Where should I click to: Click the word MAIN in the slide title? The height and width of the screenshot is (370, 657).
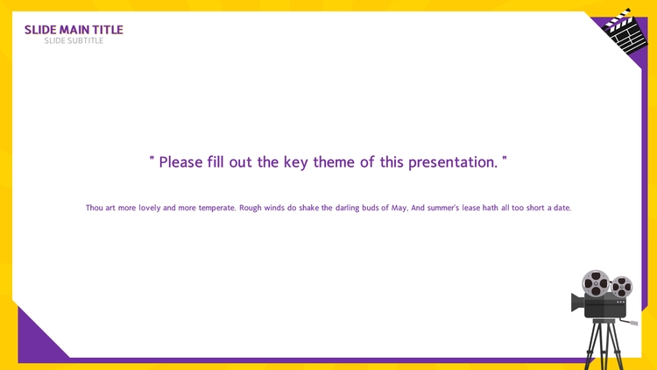click(x=74, y=30)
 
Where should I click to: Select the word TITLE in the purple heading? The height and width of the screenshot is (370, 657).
click(x=108, y=30)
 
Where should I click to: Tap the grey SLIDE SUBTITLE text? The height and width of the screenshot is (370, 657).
click(x=74, y=40)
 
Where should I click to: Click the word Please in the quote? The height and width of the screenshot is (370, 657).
click(x=181, y=162)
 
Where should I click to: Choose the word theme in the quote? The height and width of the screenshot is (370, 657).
click(x=334, y=162)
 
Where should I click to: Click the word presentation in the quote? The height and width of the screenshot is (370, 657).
click(x=453, y=162)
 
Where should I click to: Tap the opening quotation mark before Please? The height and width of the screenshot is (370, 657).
click(x=152, y=159)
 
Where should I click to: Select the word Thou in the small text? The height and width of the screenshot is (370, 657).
click(x=94, y=208)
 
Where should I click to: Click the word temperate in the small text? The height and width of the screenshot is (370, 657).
click(x=217, y=208)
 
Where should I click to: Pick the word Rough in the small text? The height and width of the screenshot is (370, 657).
click(x=251, y=208)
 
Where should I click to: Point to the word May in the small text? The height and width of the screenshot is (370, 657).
click(x=399, y=208)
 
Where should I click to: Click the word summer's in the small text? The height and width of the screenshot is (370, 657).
click(x=444, y=208)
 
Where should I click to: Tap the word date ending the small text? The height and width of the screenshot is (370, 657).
click(x=562, y=208)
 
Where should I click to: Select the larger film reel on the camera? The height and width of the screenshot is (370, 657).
click(x=596, y=283)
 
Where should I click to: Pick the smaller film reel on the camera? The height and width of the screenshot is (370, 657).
click(x=622, y=288)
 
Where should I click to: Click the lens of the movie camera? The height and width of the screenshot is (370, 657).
click(x=577, y=302)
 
